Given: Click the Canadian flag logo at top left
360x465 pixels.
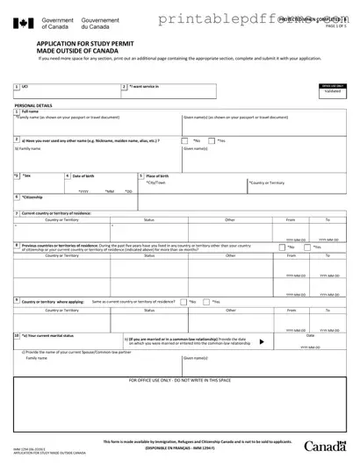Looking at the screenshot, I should (25, 23).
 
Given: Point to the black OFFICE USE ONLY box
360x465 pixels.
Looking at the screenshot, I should (332, 85).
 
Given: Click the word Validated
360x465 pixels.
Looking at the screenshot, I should (332, 90).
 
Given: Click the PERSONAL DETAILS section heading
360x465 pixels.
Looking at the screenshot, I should (32, 104).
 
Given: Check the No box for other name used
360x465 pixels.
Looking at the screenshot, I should (191, 140).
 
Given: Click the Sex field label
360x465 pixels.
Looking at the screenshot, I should (26, 175).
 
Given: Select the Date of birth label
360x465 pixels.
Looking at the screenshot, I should (84, 176).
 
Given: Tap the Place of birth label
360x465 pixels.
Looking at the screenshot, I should (159, 176).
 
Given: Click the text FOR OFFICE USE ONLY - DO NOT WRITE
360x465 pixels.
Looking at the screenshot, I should (180, 381).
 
